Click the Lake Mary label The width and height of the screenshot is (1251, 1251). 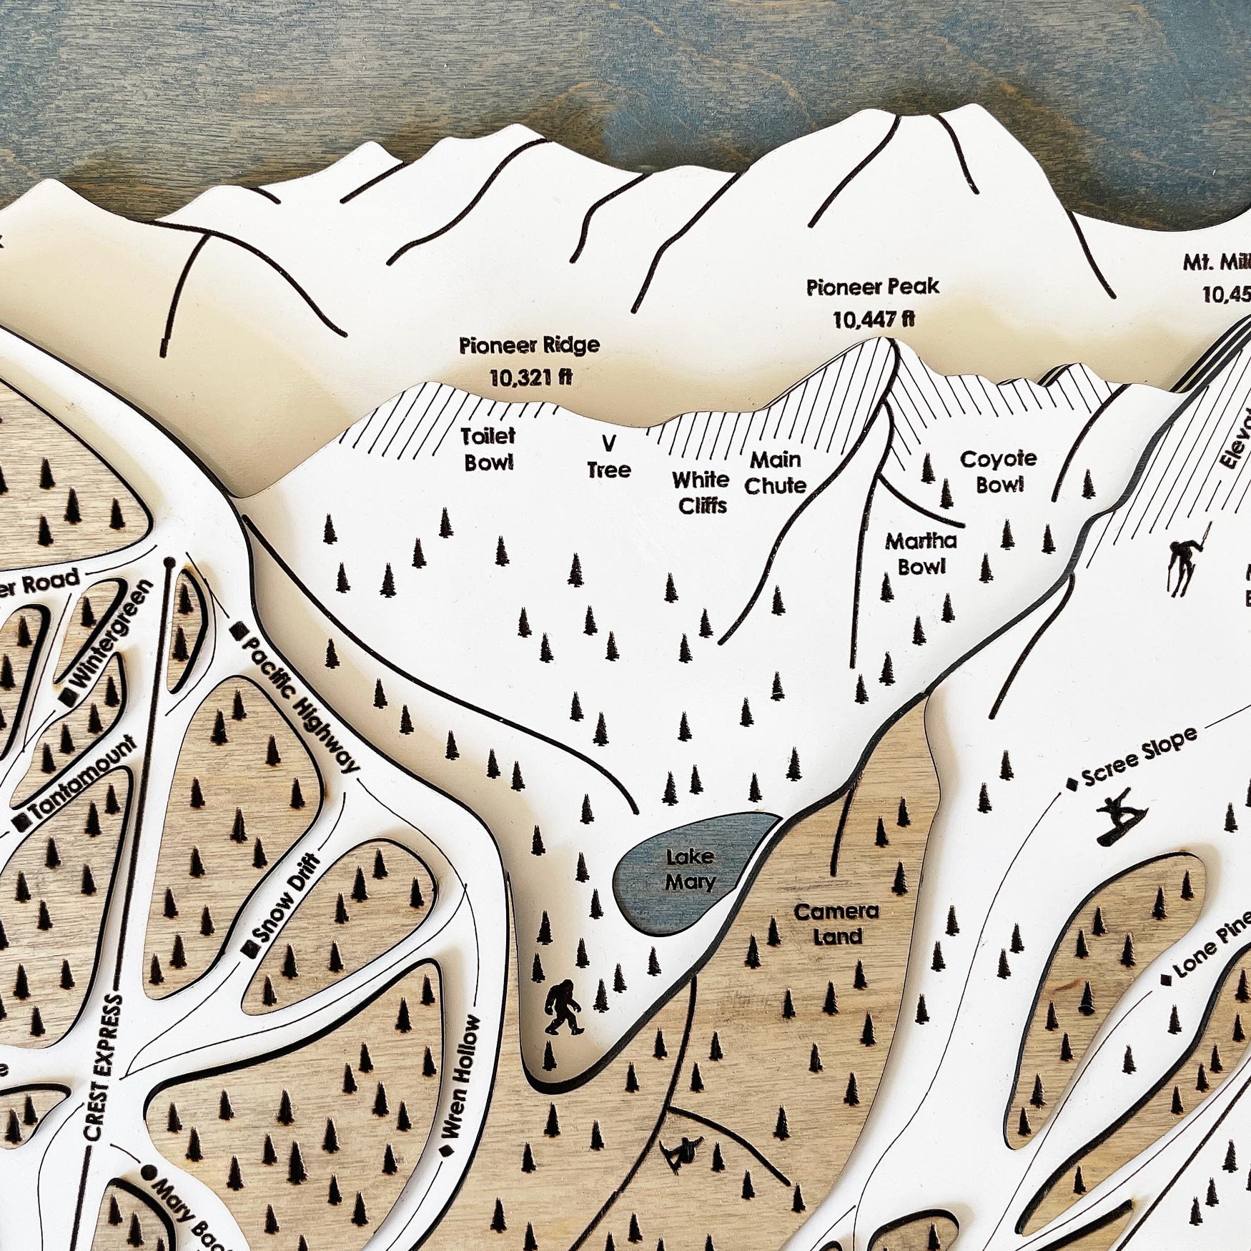tap(690, 869)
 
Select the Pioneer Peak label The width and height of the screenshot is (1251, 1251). tap(873, 288)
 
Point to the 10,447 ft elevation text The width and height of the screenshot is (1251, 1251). tap(873, 320)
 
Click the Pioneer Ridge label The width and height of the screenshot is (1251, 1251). tap(529, 346)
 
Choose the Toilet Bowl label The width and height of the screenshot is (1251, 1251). tap(488, 449)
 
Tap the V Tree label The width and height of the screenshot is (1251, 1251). tap(609, 458)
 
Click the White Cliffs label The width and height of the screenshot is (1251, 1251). tap(701, 493)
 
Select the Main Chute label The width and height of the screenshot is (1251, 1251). tap(775, 473)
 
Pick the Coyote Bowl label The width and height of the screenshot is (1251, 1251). tap(999, 471)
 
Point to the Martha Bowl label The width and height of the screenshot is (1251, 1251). tap(921, 553)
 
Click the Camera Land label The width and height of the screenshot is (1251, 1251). tap(837, 923)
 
